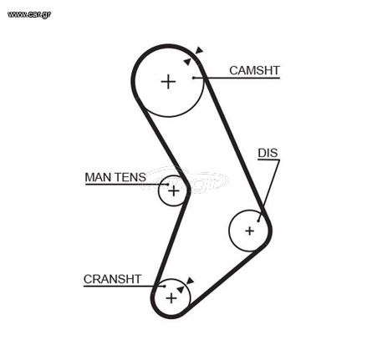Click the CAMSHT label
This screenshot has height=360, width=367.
click(254, 70)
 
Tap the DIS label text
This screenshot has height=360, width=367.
click(268, 153)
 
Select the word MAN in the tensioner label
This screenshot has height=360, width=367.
click(98, 177)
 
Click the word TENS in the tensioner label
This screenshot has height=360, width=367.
click(130, 177)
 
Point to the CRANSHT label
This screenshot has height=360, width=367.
click(112, 279)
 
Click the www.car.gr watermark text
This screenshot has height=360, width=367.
click(29, 14)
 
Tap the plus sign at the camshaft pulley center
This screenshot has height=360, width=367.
click(168, 82)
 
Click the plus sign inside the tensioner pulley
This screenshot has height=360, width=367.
click(174, 191)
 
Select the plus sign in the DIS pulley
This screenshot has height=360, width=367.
click(250, 231)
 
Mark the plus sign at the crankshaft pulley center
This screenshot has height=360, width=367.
click(171, 298)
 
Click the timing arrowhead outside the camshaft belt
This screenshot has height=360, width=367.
click(200, 50)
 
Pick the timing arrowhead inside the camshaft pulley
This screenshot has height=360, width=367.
click(187, 62)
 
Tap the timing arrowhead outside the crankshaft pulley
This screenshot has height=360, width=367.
click(191, 281)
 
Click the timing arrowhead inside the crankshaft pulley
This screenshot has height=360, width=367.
click(181, 289)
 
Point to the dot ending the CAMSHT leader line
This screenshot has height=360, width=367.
click(193, 78)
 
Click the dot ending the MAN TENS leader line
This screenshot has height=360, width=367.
click(168, 185)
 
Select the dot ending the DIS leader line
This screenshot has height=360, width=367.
click(258, 221)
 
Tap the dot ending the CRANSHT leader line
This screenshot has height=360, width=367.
click(165, 286)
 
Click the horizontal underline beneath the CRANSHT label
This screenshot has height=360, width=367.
click(124, 286)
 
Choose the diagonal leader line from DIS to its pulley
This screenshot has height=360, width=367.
click(269, 190)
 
